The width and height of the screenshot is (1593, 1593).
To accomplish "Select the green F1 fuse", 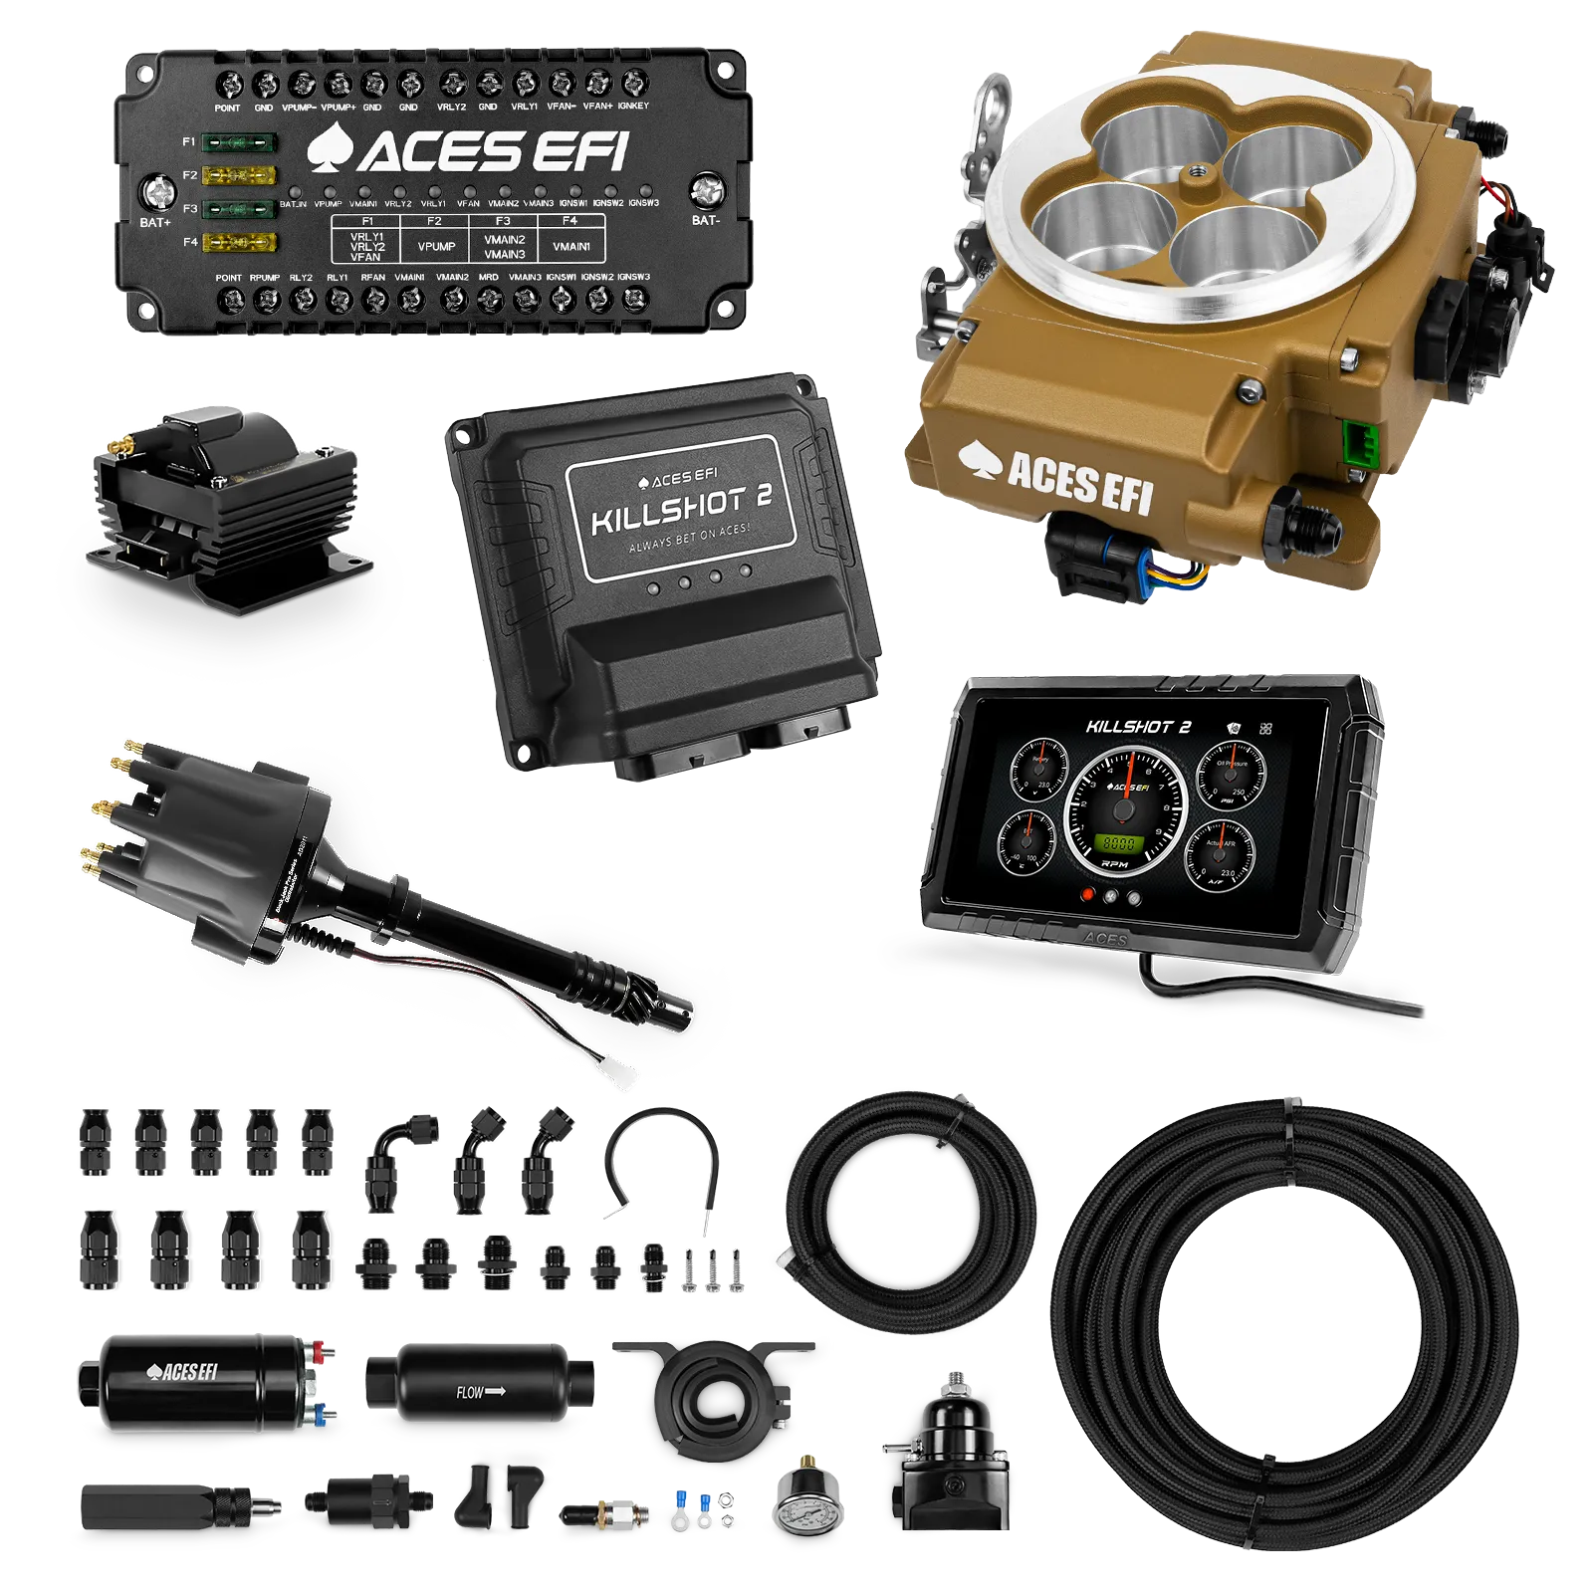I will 238,142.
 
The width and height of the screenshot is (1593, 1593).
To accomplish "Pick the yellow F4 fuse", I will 238,242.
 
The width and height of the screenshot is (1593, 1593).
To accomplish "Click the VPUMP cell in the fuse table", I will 436,246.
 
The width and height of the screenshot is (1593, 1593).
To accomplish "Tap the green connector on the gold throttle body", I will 1355,439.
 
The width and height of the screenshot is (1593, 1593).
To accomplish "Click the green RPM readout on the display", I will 1118,843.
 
